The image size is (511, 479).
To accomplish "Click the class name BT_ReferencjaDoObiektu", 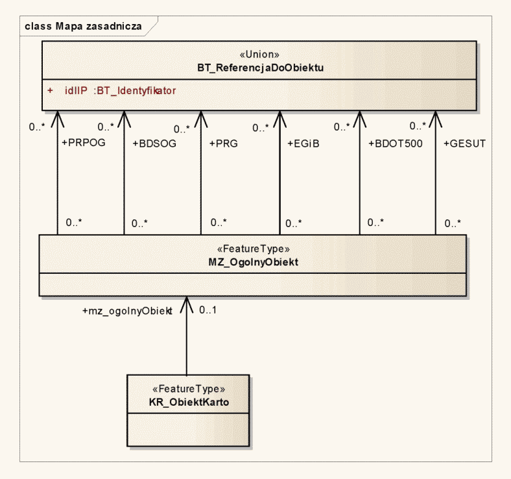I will pyautogui.click(x=260, y=67).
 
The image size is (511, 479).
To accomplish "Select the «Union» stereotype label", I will pyautogui.click(x=260, y=55).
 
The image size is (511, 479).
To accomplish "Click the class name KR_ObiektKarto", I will pyautogui.click(x=188, y=402).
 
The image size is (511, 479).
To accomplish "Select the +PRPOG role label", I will pyautogui.click(x=83, y=143).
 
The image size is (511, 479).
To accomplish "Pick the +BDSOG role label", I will pyautogui.click(x=154, y=143).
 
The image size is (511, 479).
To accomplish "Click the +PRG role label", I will pyautogui.click(x=223, y=143).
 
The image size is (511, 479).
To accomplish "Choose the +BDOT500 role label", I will pyautogui.click(x=396, y=143).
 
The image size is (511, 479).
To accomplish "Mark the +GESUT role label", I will pyautogui.click(x=464, y=143).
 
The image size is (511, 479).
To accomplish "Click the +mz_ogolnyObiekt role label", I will pyautogui.click(x=127, y=311).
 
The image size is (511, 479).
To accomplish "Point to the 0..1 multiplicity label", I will pyautogui.click(x=208, y=310).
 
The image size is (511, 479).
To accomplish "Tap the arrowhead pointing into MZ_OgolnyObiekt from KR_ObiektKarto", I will pyautogui.click(x=187, y=302).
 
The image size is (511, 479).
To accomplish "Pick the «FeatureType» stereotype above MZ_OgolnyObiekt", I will pyautogui.click(x=253, y=249).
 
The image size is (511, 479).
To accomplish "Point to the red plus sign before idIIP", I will pyautogui.click(x=50, y=91).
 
